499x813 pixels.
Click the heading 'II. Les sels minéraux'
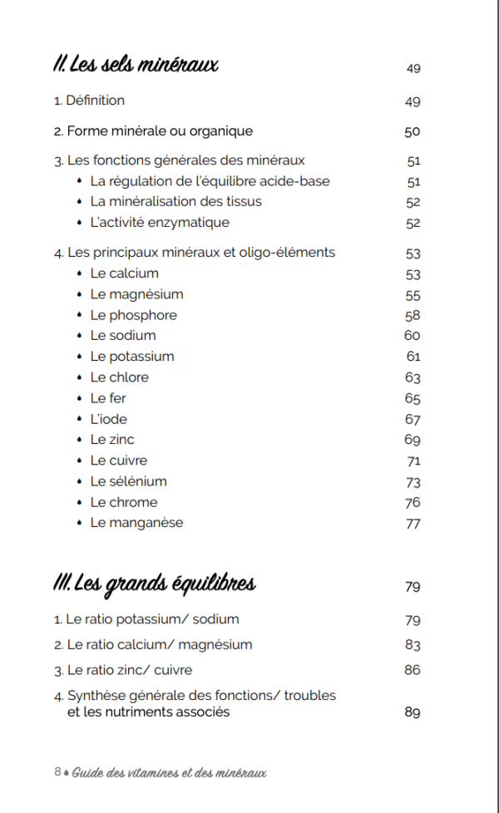click(x=136, y=64)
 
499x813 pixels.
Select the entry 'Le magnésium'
click(x=136, y=294)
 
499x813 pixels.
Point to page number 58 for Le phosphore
click(x=413, y=316)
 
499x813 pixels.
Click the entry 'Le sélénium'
click(x=128, y=481)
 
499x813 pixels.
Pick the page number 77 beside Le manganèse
click(x=413, y=524)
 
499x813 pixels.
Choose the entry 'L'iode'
click(x=108, y=419)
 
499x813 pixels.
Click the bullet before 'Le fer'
click(x=78, y=398)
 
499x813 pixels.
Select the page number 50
click(x=413, y=131)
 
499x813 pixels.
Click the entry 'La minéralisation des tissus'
click(x=175, y=201)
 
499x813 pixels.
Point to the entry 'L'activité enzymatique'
click(x=160, y=223)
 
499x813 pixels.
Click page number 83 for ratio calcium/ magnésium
click(x=413, y=645)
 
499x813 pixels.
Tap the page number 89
click(x=413, y=712)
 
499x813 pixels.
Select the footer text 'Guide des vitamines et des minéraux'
click(x=169, y=772)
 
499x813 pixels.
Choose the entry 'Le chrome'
click(x=123, y=502)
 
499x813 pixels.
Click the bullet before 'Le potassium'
click(x=78, y=357)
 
